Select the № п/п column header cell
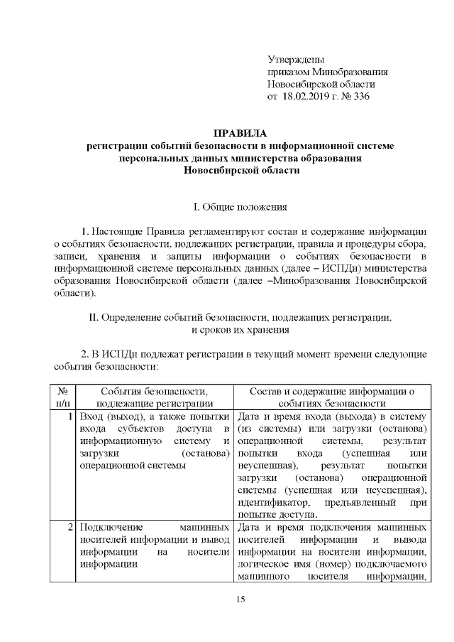pyautogui.click(x=61, y=399)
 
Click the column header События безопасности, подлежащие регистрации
pyautogui.click(x=154, y=399)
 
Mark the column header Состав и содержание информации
pyautogui.click(x=332, y=399)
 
